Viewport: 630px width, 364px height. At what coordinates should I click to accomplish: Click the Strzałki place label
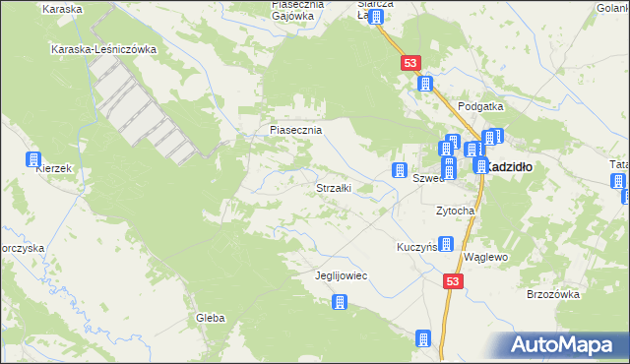(333, 187)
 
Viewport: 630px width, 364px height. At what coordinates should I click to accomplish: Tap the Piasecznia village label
(296, 129)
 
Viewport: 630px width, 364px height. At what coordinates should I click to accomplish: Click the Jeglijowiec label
(341, 275)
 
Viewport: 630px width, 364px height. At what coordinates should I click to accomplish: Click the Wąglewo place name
(484, 256)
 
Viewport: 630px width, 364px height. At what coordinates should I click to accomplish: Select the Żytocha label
(456, 211)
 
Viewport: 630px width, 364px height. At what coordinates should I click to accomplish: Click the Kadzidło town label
(510, 167)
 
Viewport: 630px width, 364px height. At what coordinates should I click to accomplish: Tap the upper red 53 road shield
(411, 63)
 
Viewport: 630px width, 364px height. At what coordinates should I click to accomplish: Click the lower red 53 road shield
(452, 281)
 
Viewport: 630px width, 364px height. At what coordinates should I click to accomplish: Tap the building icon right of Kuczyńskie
(446, 244)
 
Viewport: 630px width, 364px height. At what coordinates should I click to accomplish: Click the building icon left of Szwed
(400, 170)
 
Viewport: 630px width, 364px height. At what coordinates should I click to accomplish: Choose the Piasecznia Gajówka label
(284, 10)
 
